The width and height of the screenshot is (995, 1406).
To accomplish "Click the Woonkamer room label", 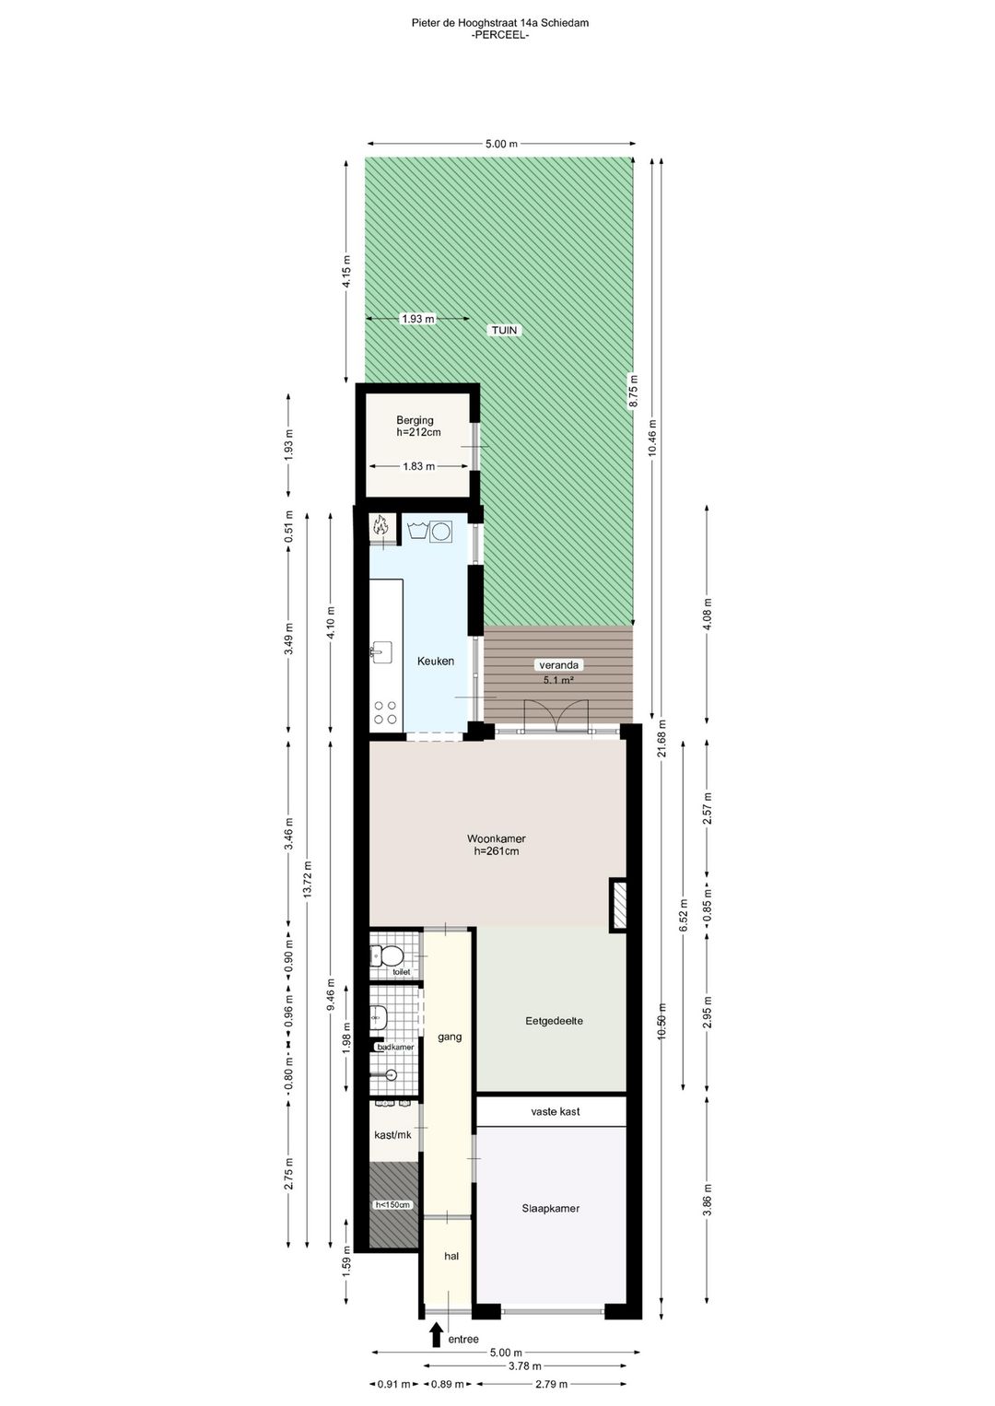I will (x=496, y=845).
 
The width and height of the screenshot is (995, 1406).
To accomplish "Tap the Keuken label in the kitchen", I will (x=435, y=662).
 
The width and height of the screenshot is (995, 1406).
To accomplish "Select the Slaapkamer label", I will (x=550, y=1208).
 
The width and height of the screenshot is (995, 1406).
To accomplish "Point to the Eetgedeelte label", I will (x=554, y=1021).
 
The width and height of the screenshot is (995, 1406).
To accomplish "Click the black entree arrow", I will (x=436, y=1335).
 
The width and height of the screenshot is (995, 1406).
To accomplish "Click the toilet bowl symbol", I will (x=391, y=955).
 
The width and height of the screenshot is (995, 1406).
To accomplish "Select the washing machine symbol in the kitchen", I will (x=441, y=532).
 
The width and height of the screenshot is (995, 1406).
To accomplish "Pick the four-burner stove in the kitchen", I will (x=385, y=712).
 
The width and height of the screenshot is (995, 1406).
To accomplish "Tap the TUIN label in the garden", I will (x=504, y=330).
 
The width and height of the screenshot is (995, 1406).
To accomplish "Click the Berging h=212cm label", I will (x=417, y=427).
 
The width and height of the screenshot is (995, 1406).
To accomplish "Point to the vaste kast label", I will (x=555, y=1112).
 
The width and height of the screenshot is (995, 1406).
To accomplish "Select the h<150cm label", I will (x=392, y=1204).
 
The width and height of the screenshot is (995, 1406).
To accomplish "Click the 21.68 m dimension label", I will (x=661, y=737).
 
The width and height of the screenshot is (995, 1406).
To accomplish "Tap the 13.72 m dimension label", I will (x=309, y=877).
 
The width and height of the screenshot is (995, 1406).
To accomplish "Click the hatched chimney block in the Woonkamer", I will (x=618, y=905).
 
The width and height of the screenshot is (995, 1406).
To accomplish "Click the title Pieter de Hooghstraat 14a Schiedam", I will (x=499, y=23).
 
